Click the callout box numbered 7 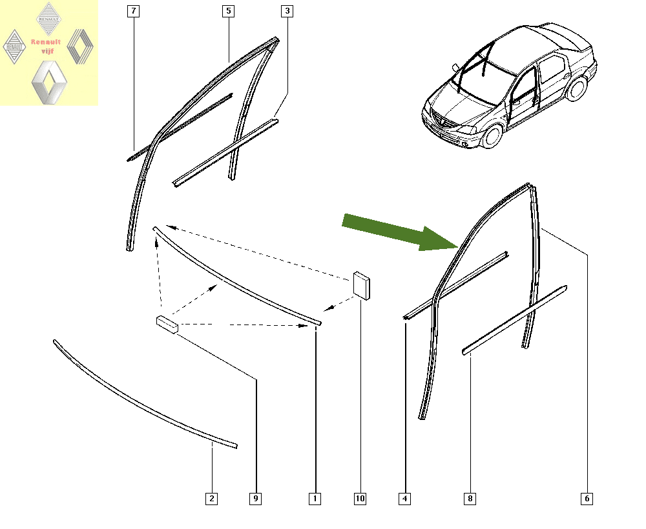pos(133,11)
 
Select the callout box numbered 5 pos(228,11)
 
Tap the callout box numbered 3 pos(287,11)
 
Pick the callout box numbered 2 pos(212,499)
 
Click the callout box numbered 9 pos(256,499)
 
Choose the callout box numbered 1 pos(315,499)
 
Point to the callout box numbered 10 pos(360,499)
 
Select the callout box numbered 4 pos(404,499)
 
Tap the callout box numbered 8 pos(470,499)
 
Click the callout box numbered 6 pos(587,499)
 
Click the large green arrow pos(401,232)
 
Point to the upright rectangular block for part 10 pos(362,286)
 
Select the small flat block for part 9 pos(167,324)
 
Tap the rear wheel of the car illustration pos(577,88)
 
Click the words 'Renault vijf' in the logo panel pos(46,46)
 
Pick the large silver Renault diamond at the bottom pos(49,83)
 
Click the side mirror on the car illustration pos(455,68)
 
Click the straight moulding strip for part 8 pos(515,319)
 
